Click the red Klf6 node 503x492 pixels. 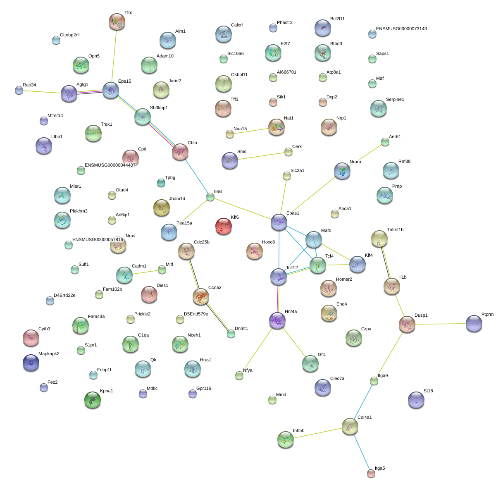(x=224, y=226)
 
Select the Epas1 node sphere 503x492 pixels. (x=279, y=222)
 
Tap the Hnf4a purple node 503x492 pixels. (x=277, y=320)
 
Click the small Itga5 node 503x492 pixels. (x=371, y=473)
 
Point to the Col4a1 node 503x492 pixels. (x=350, y=426)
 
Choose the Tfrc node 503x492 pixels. (x=117, y=21)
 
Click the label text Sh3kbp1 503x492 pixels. (x=159, y=108)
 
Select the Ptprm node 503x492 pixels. (x=474, y=324)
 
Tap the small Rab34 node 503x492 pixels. (x=19, y=90)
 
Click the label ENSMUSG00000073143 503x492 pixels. (x=401, y=29)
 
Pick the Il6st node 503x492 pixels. (x=210, y=197)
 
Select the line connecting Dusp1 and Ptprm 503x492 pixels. (x=440, y=324)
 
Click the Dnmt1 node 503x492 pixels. (x=231, y=334)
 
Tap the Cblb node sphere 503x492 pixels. (x=180, y=152)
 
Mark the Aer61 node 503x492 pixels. (x=385, y=142)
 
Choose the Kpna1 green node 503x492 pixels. (x=93, y=400)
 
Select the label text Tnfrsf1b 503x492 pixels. (x=395, y=230)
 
